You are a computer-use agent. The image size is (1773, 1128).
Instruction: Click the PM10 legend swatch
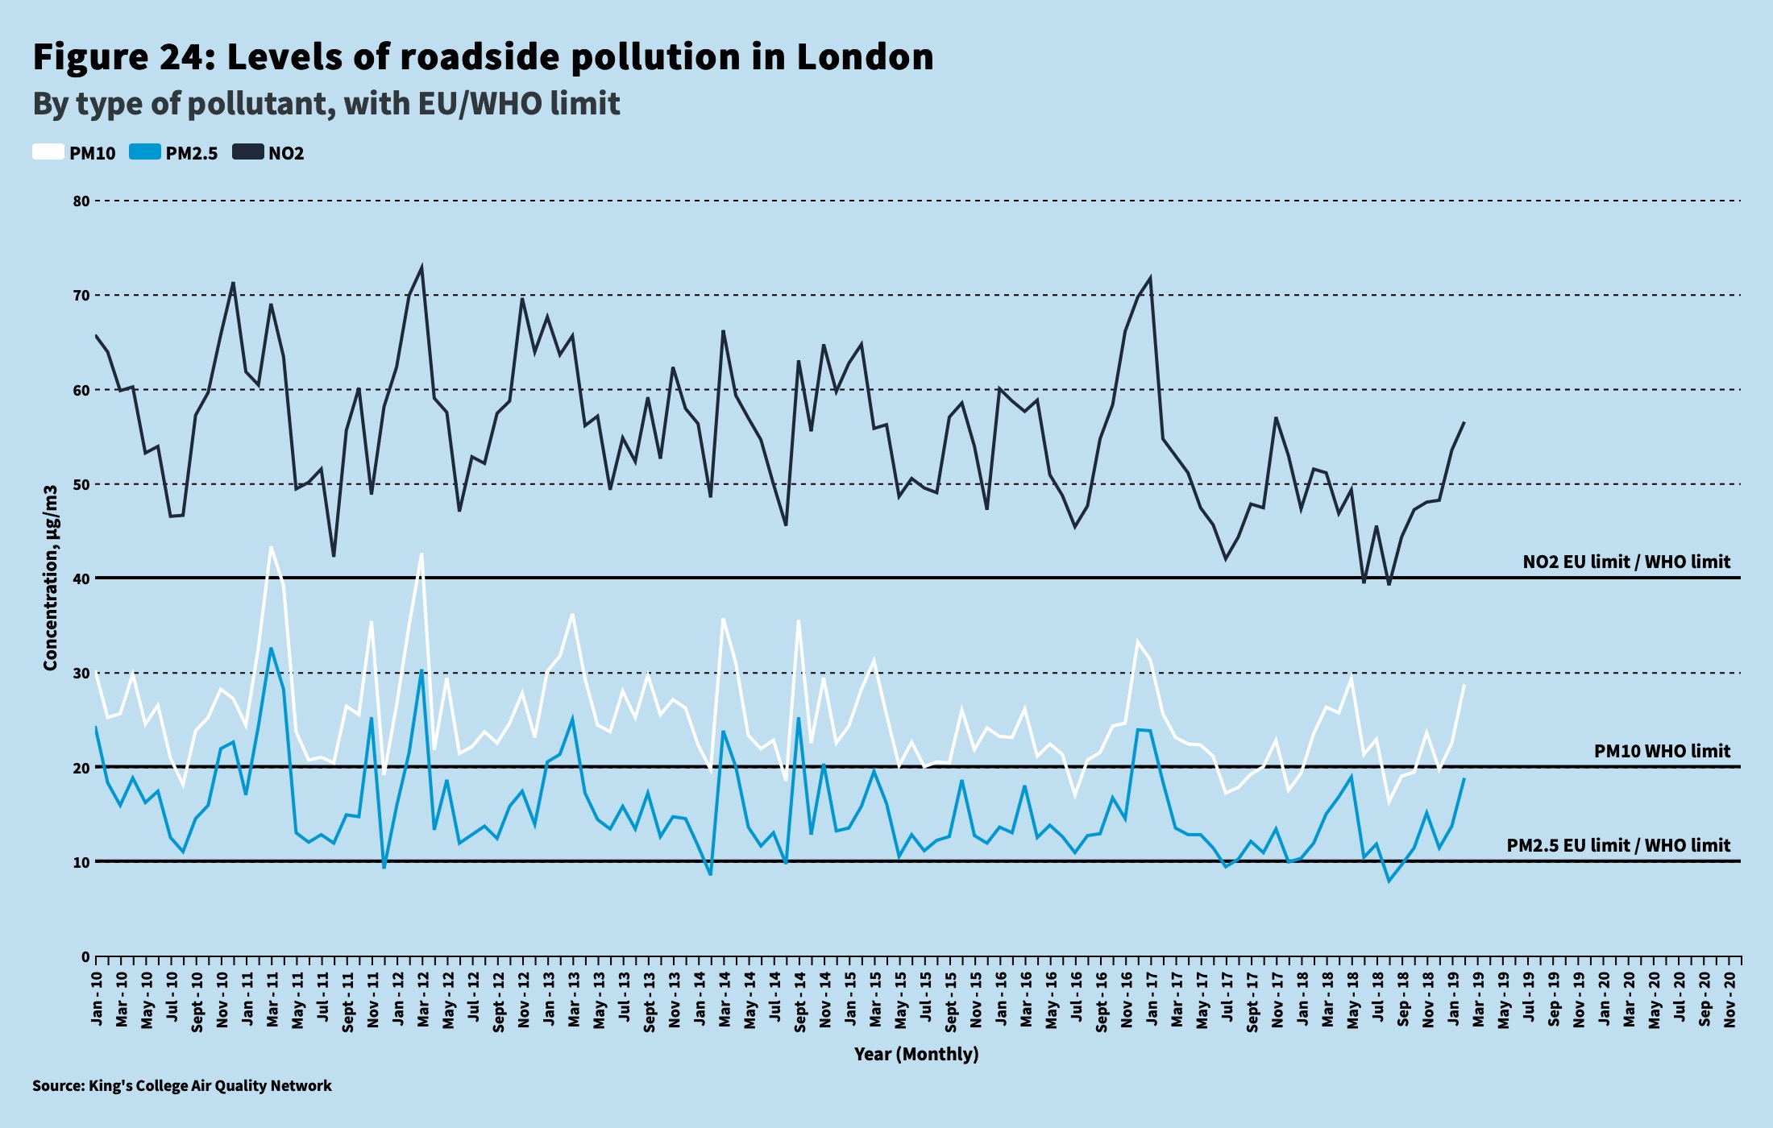(x=48, y=152)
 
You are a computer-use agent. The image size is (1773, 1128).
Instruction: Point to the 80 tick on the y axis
(x=81, y=201)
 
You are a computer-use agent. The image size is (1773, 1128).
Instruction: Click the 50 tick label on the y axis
(x=81, y=485)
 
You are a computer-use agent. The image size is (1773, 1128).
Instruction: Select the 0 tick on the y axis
(x=85, y=957)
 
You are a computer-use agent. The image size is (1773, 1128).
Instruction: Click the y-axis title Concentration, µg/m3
(x=51, y=578)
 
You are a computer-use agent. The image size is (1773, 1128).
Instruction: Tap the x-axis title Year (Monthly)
(x=916, y=1054)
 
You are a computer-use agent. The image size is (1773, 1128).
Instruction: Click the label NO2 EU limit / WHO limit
(x=1626, y=562)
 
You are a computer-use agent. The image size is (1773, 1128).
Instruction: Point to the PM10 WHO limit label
(x=1661, y=751)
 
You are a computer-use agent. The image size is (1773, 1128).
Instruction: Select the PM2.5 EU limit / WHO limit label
(x=1617, y=845)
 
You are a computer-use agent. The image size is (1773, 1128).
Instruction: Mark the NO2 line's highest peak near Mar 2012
(x=421, y=267)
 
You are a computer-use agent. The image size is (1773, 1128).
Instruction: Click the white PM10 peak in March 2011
(x=271, y=547)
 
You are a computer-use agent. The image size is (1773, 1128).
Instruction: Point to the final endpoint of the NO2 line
(x=1464, y=422)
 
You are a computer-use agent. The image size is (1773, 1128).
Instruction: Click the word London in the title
(x=865, y=56)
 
